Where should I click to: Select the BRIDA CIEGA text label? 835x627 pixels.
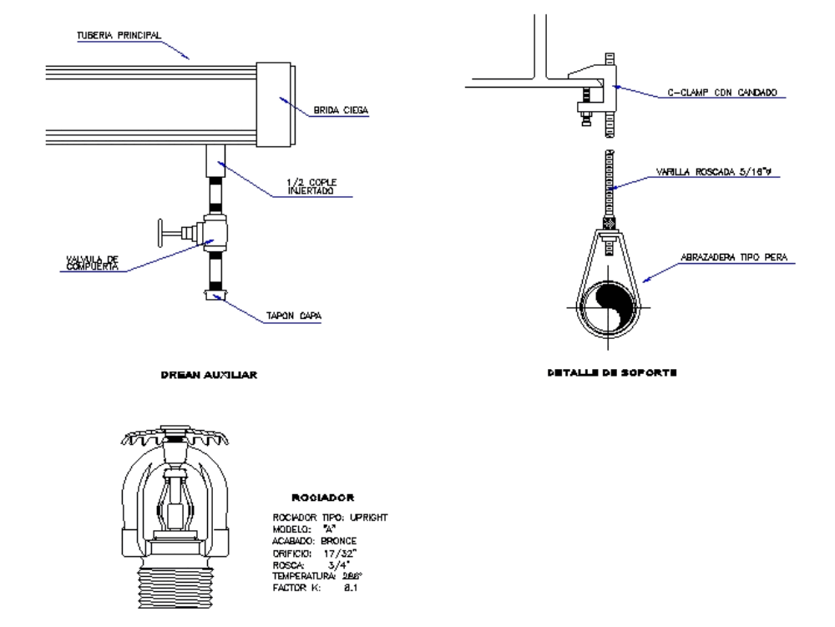click(x=341, y=109)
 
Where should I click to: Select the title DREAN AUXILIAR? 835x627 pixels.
click(x=209, y=376)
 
